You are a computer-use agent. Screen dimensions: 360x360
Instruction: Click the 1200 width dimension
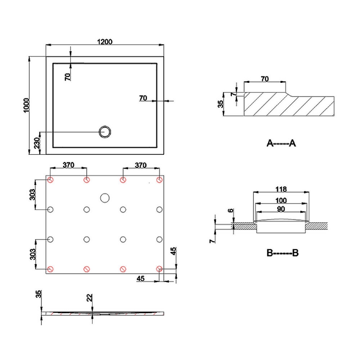104,41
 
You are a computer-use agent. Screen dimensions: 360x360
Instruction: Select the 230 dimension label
37,144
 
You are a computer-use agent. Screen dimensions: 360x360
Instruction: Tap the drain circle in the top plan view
106,131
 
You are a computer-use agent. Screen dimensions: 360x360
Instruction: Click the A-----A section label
281,144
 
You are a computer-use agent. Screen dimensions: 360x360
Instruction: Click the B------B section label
282,253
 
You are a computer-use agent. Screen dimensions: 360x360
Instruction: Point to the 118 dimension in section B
282,189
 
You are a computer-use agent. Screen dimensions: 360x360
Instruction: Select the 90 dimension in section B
282,209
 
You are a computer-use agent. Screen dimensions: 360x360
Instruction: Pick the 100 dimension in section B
282,200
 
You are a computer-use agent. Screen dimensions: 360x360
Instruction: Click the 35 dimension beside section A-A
220,104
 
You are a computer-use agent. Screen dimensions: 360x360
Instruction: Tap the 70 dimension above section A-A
265,79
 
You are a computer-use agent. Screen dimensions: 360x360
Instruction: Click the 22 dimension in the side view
90,298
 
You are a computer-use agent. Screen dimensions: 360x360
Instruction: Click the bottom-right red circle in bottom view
159,269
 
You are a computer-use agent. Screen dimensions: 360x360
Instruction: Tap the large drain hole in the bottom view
105,198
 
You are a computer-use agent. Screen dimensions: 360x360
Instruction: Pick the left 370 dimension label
68,165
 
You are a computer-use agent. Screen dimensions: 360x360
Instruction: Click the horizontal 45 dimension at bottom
140,279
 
